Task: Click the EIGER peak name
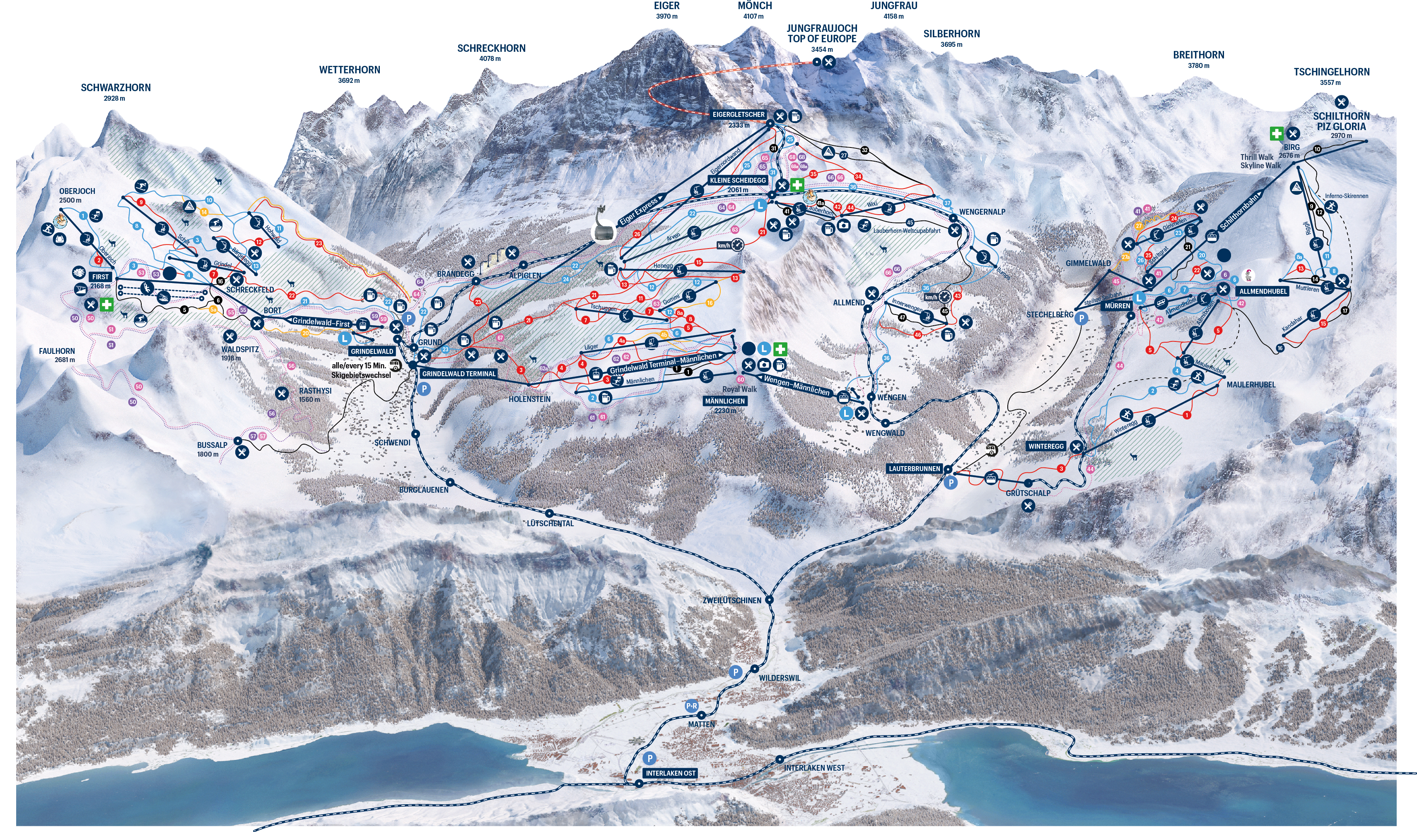(666, 6)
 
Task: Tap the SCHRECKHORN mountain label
(491, 48)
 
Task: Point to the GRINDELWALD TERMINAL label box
(459, 373)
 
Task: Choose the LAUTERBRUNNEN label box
(914, 469)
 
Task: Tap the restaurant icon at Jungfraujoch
(828, 62)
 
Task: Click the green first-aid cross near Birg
(1276, 133)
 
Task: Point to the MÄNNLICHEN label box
(725, 401)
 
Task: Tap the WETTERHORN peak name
(350, 70)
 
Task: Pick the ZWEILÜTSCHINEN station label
(731, 600)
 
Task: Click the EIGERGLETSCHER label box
(738, 115)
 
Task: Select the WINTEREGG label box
(1046, 446)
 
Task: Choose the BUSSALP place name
(212, 445)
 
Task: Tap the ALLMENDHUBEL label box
(1263, 291)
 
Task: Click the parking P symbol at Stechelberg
(1081, 318)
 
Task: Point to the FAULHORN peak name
(57, 351)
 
